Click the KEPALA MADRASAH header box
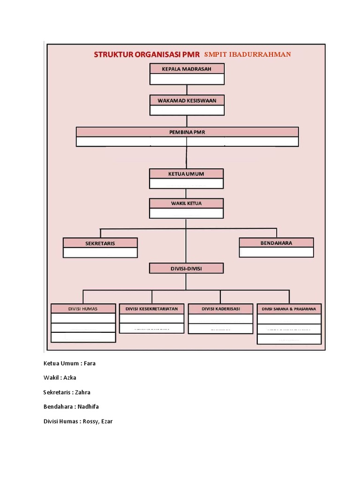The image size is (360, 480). pos(187,69)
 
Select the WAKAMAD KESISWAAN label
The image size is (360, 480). pos(187,100)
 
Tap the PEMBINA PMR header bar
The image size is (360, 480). pos(187,132)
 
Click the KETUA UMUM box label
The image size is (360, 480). pos(186,174)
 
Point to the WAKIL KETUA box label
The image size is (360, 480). pos(186,203)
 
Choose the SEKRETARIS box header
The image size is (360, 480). pos(100,243)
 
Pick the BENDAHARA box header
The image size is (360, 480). pos(276,243)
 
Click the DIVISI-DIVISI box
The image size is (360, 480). pos(186,269)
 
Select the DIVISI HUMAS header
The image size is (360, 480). pos(83,309)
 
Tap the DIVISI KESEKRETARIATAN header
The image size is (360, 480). pos(151,309)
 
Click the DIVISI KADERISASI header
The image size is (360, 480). pos(220,309)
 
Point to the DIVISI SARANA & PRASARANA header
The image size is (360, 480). pos(289,309)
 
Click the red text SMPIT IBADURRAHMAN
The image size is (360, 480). pos(247,54)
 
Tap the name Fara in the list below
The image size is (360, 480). pos(90,363)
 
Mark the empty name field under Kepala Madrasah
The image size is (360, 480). pos(187,79)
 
